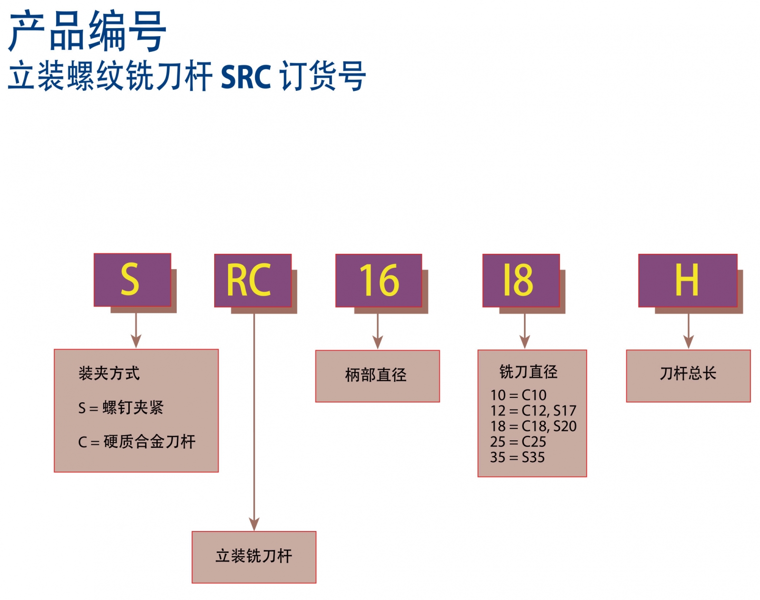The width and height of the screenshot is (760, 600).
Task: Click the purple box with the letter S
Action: click(132, 280)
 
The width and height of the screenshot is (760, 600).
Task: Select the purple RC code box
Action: click(252, 280)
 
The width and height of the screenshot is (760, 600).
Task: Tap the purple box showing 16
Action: click(378, 280)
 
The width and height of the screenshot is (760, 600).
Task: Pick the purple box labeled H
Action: click(687, 280)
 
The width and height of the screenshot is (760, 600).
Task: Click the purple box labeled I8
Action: click(521, 280)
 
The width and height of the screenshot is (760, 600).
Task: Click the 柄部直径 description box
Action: click(377, 376)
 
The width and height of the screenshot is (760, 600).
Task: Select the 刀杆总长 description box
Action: click(688, 375)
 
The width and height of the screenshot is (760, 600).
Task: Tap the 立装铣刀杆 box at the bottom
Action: click(254, 557)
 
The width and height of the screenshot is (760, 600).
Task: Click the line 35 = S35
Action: click(517, 457)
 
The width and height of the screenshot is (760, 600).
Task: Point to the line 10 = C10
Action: click(518, 395)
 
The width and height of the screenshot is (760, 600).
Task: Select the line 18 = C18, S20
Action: click(533, 426)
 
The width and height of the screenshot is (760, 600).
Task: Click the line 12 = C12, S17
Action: click(533, 410)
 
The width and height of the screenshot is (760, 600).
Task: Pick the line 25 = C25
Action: click(518, 442)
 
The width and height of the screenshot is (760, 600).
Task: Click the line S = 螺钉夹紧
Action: click(121, 407)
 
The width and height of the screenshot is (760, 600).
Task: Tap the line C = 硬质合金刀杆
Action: click(137, 442)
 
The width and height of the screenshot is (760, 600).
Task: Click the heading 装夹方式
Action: click(109, 373)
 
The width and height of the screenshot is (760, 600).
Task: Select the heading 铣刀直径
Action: click(528, 372)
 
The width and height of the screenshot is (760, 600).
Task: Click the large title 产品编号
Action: click(88, 32)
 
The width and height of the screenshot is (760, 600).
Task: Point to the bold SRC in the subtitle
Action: click(246, 77)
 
